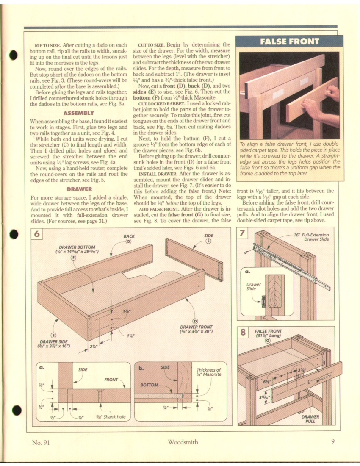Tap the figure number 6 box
click(39, 234)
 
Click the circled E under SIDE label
click(208, 241)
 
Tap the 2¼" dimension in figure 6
click(92, 346)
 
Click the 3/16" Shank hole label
click(111, 417)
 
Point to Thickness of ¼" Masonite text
click(209, 372)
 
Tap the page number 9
click(333, 442)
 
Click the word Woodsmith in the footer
click(183, 442)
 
